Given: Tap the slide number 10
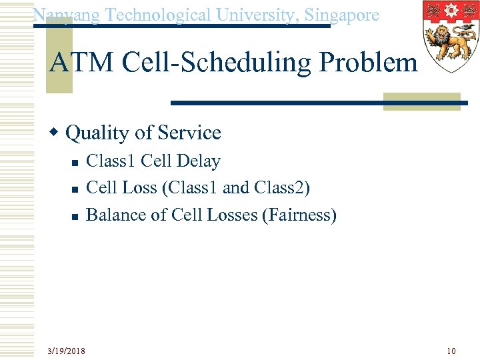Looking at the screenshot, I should tap(451, 351).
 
